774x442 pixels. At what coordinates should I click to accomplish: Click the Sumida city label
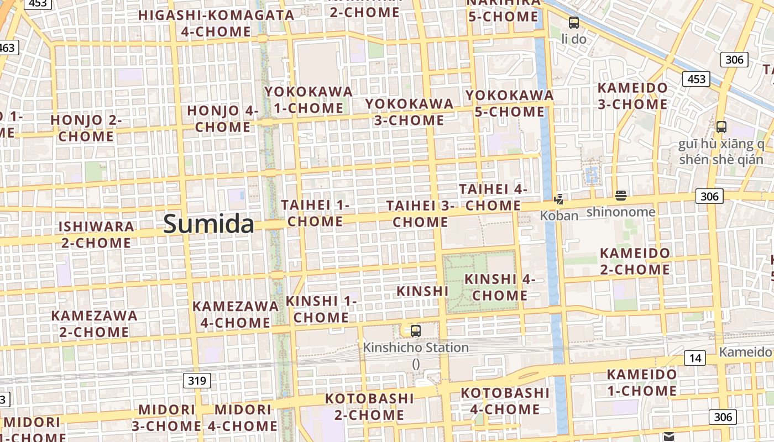[209, 224]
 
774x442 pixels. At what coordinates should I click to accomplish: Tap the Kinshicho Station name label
[416, 348]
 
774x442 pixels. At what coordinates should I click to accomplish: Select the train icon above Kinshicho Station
[416, 331]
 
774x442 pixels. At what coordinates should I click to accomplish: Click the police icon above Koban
[559, 199]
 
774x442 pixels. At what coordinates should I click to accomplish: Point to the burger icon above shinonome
[620, 196]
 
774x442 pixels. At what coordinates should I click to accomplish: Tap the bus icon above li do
[574, 23]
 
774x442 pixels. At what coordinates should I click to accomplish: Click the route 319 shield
[197, 380]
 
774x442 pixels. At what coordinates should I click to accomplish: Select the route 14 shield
[695, 358]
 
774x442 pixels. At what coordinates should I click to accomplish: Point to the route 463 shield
[8, 48]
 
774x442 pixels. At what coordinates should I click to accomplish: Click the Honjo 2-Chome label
[86, 128]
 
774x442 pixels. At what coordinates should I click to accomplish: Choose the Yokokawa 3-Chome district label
[409, 112]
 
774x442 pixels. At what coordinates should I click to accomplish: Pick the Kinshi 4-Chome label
[500, 287]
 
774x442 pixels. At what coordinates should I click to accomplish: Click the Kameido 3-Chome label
[632, 96]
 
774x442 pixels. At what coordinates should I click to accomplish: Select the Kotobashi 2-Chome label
[369, 406]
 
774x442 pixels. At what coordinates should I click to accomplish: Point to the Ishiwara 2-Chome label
[96, 234]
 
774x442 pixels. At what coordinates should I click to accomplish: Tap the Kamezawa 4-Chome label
[236, 314]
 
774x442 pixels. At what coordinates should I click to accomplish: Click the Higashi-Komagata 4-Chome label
[216, 23]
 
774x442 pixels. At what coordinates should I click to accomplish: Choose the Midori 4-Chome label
[243, 417]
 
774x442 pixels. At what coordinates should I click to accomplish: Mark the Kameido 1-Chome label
[641, 382]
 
